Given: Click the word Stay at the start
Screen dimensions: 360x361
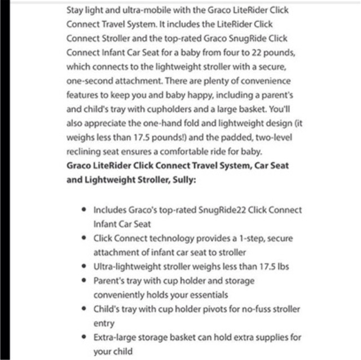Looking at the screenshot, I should coord(75,10).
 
